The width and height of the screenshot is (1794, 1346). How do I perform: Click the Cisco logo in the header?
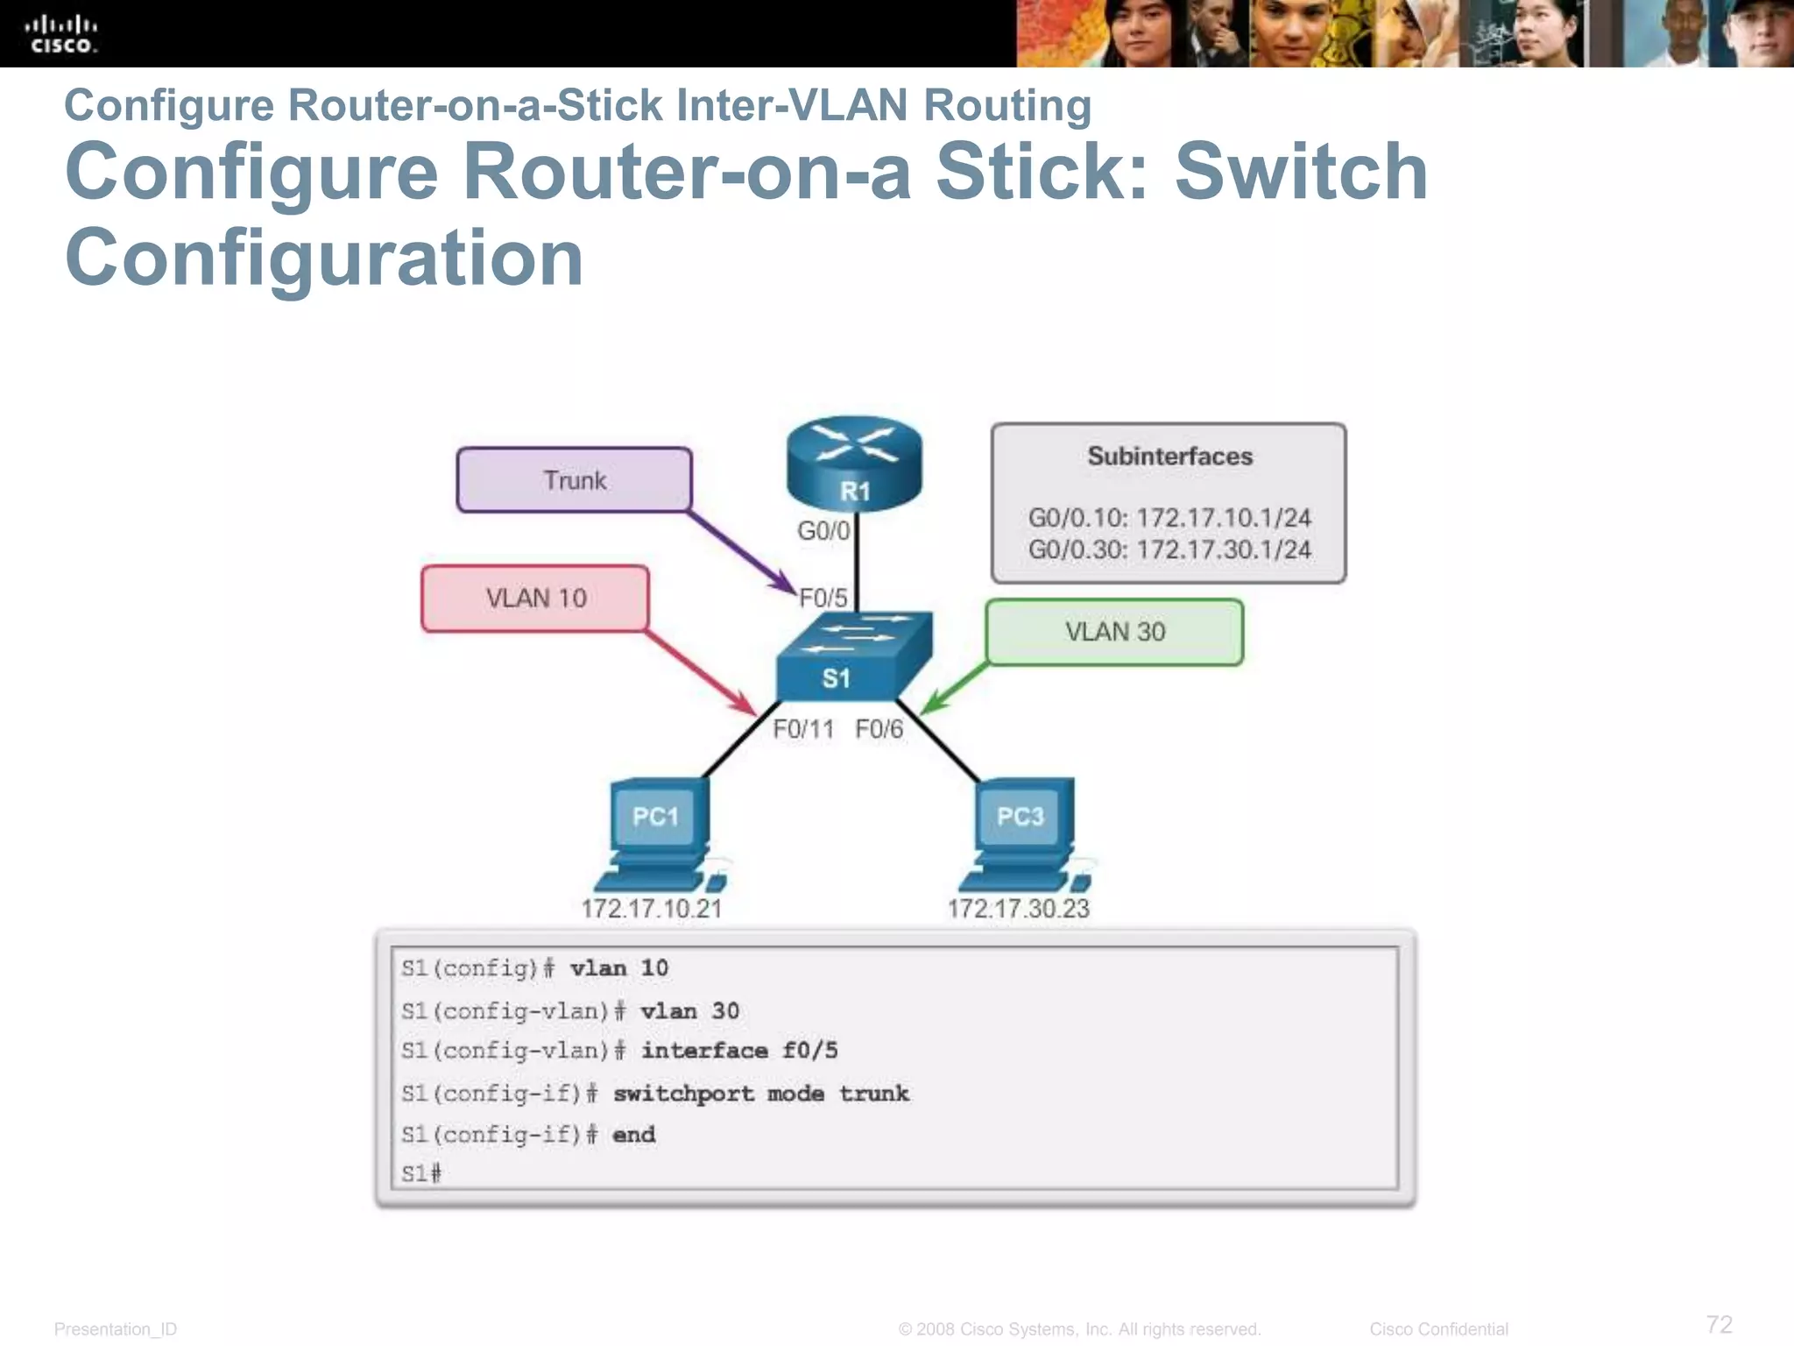(x=60, y=34)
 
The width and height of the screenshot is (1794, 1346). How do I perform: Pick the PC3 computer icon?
(x=1024, y=833)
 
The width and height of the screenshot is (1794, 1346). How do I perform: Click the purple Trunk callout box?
(x=575, y=480)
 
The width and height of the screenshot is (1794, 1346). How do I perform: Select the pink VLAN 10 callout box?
(x=535, y=599)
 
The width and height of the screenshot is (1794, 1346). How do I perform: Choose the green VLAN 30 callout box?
(x=1114, y=632)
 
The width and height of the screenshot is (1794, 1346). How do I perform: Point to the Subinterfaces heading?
(x=1169, y=457)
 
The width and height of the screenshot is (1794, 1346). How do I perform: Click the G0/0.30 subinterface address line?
(x=1169, y=550)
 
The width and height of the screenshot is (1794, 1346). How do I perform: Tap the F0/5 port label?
(x=823, y=599)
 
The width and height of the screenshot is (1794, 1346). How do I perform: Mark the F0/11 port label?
(x=803, y=729)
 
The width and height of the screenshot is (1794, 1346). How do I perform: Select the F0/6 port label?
(x=879, y=729)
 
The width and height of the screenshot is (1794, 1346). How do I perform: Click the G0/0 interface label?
(x=823, y=531)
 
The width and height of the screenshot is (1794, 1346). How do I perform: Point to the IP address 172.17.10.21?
(x=652, y=909)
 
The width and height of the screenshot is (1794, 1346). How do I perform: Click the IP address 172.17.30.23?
(x=1018, y=909)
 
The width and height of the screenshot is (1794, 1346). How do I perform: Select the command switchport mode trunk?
(x=760, y=1094)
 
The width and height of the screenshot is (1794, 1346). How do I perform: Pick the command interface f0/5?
(x=738, y=1051)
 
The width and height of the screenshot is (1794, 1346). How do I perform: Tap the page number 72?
(x=1719, y=1324)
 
